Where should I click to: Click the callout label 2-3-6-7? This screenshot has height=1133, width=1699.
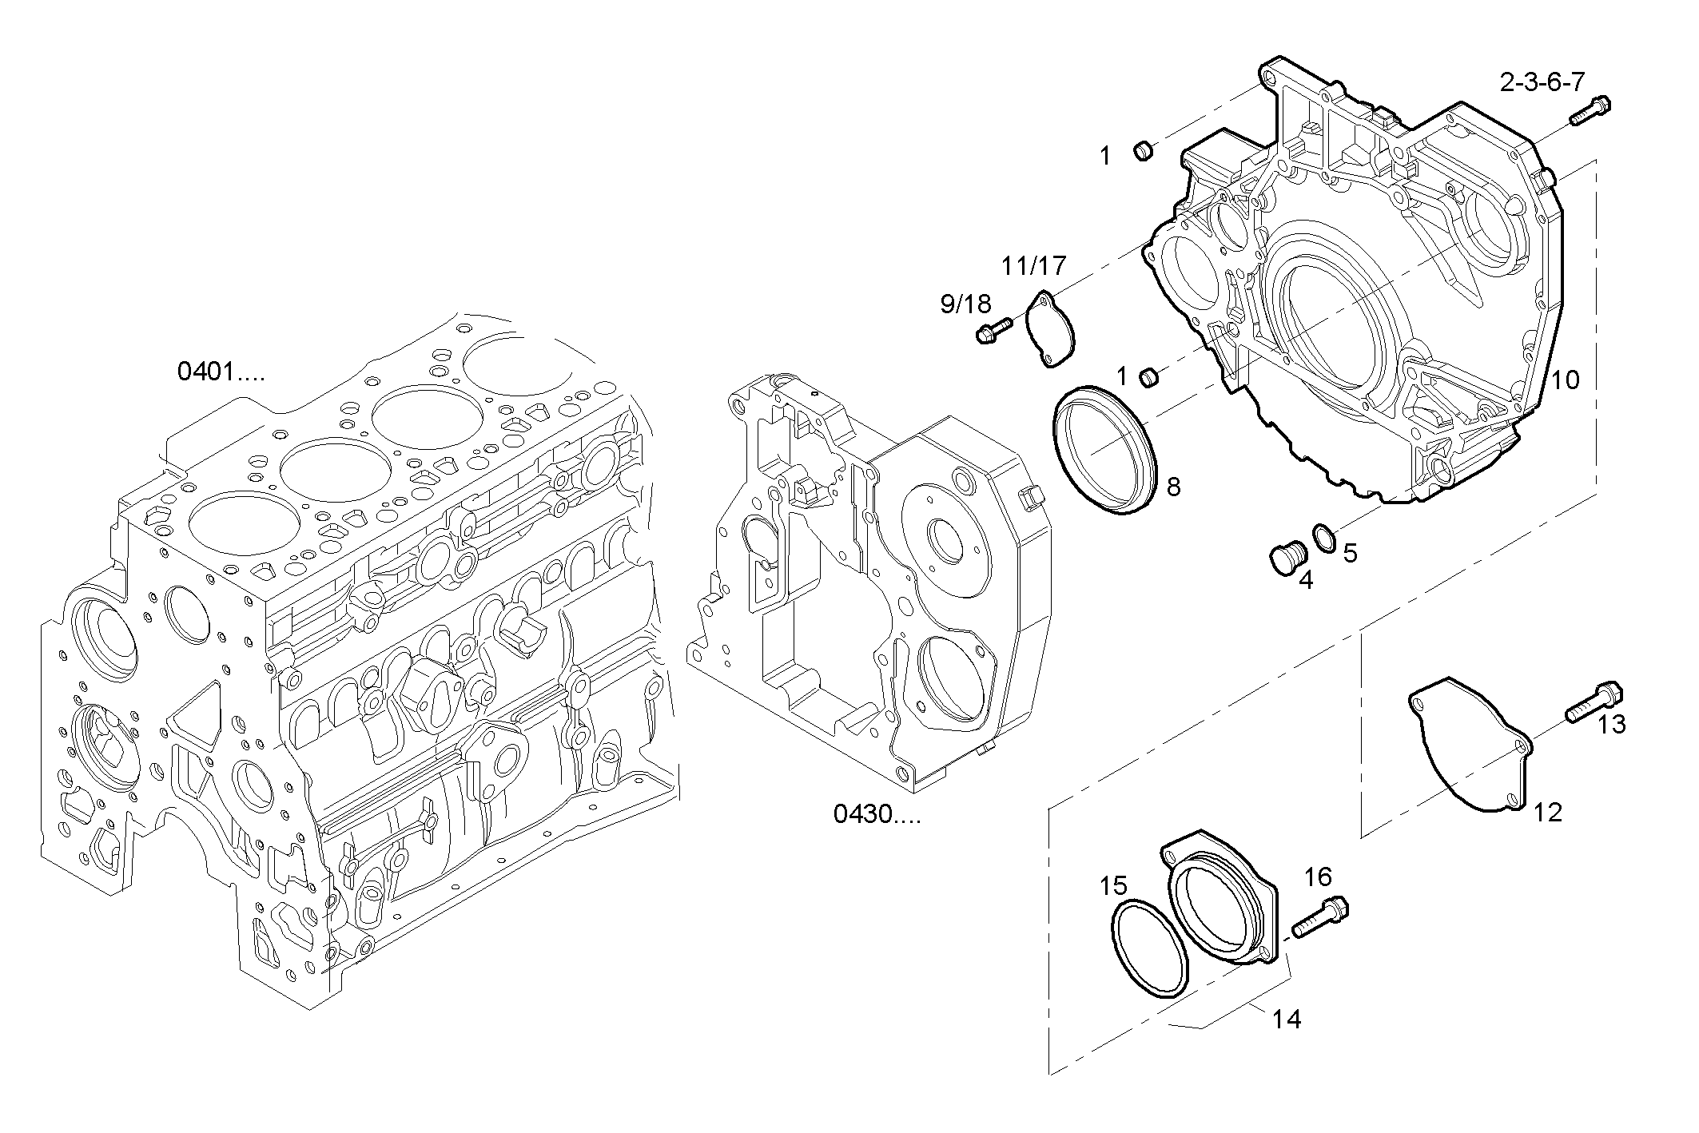pyautogui.click(x=1542, y=82)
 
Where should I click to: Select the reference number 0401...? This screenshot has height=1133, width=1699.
pyautogui.click(x=220, y=372)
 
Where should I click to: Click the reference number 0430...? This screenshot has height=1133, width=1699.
pyautogui.click(x=877, y=814)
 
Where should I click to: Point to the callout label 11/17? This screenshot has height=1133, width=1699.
pyautogui.click(x=1034, y=265)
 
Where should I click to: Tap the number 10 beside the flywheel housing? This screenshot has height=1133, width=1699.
pyautogui.click(x=1565, y=380)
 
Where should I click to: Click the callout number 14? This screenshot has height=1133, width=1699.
pyautogui.click(x=1287, y=1020)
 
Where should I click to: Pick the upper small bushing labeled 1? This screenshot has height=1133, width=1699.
pyautogui.click(x=1144, y=149)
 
